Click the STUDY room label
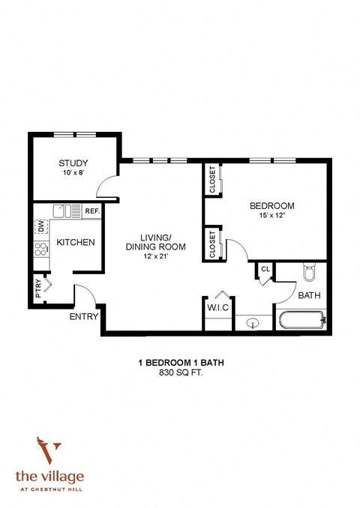73,163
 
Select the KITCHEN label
75,242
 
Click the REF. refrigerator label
92,211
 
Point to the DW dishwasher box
40,226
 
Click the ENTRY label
84,317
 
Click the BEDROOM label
271,206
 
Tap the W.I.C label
217,306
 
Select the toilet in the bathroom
308,273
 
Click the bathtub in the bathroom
301,320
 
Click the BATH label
309,296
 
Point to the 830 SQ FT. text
181,372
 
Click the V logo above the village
51,454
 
